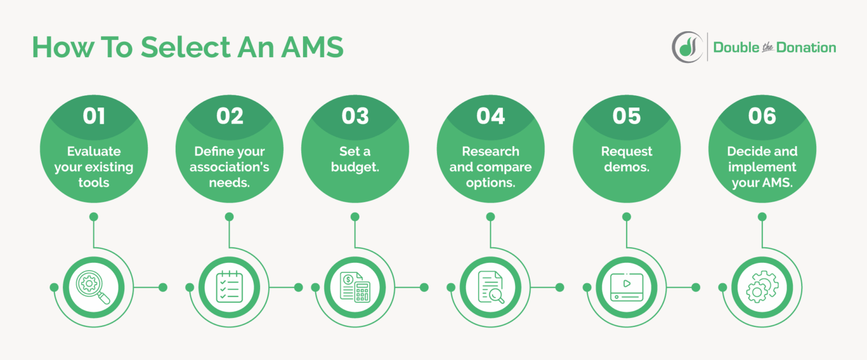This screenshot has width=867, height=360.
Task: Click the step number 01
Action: [94, 116]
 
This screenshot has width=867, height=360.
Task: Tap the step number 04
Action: [490, 116]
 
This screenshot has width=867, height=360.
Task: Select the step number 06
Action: [762, 116]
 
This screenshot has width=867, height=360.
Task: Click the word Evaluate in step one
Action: [94, 151]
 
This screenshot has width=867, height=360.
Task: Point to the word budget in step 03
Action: [355, 168]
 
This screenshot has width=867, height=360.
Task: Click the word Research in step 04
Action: [490, 151]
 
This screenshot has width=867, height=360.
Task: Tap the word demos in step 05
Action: [627, 168]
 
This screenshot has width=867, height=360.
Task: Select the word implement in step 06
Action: [762, 168]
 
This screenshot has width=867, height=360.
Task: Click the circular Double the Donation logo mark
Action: [687, 47]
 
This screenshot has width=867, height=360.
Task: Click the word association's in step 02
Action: [229, 168]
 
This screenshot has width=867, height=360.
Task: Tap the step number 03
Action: [355, 116]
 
